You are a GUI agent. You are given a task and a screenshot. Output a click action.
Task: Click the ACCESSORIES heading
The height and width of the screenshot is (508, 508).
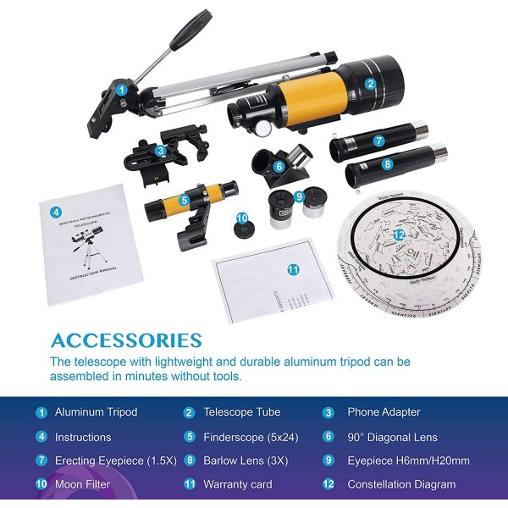(126, 341)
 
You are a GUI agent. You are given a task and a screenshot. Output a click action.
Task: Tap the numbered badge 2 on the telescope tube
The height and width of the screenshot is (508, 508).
(371, 84)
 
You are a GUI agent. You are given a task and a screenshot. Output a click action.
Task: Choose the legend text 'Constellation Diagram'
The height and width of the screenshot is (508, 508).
(401, 485)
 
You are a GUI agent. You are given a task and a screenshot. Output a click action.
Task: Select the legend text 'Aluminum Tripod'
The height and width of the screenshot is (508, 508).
(96, 413)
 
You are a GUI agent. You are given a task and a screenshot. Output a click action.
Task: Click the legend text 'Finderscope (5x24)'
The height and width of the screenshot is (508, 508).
(251, 438)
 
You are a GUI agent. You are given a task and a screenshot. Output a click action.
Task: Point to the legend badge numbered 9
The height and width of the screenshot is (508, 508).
(328, 461)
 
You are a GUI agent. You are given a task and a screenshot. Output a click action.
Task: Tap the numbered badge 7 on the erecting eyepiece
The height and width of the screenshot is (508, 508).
(379, 141)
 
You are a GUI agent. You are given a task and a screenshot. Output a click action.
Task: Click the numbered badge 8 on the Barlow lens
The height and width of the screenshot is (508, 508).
(388, 163)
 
